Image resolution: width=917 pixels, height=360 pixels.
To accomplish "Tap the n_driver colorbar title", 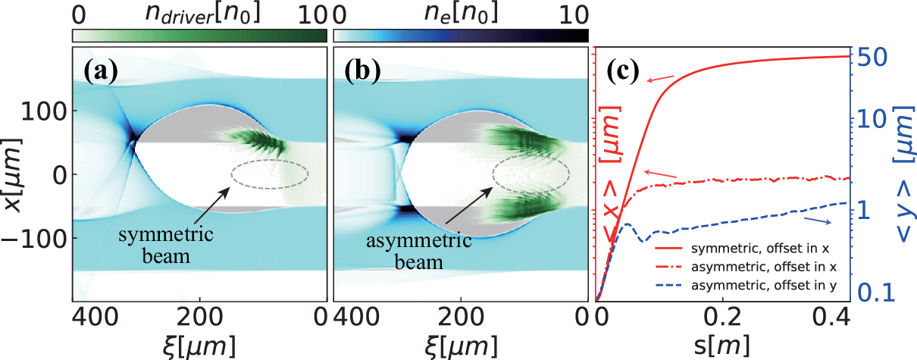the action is [x=202, y=14].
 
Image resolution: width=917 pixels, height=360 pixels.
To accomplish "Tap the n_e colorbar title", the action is [x=461, y=13].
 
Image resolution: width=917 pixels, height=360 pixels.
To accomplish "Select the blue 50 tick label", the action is [x=872, y=58].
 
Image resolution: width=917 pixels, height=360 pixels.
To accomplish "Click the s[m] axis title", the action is [x=722, y=346].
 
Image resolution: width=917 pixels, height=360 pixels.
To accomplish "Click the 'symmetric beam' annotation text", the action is [x=166, y=246].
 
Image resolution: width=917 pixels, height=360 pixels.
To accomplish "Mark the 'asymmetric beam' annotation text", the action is [x=419, y=251].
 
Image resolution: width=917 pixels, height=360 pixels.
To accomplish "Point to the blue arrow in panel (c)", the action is [x=818, y=221].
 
